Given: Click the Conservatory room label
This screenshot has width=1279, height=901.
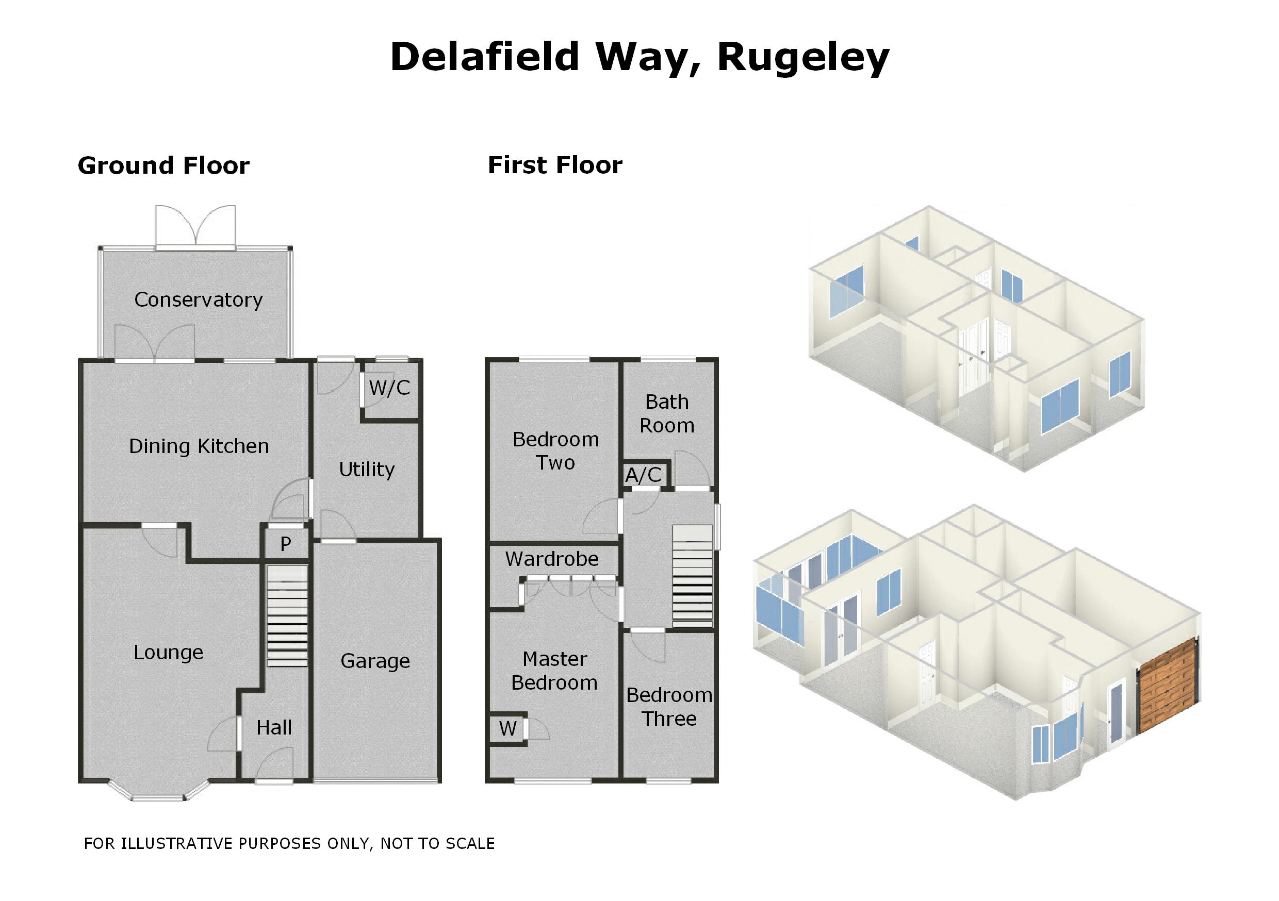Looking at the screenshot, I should pos(199,300).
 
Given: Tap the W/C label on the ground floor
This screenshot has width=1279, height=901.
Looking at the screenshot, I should pos(389,388).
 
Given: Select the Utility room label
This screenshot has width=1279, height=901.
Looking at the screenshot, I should pos(367,470).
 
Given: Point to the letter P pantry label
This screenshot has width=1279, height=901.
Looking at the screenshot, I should pos(286,544).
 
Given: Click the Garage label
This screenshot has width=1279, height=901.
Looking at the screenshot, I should pos(375,661).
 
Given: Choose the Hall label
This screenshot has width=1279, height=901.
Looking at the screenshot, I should pos(274,728).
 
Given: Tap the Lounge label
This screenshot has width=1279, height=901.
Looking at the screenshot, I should pos(168,652).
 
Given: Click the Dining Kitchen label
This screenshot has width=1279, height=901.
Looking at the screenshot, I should pos(199,446).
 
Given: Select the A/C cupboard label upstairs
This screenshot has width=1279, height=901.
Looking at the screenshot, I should pos(644,475).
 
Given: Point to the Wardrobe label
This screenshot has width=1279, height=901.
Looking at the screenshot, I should pos(552,559).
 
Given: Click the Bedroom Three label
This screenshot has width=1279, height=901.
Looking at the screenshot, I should pos(669,707).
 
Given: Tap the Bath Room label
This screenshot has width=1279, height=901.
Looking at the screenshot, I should pos(667,414).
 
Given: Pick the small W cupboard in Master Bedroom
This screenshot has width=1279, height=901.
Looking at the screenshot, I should pos(507,728).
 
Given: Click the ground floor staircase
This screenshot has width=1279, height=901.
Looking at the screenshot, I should pos(287,615).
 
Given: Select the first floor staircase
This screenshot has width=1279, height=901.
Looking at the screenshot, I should pos(693,576).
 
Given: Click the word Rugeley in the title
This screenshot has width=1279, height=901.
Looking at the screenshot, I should pos(802,58).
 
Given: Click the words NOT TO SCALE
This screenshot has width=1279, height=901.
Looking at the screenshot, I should pos(437,844).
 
